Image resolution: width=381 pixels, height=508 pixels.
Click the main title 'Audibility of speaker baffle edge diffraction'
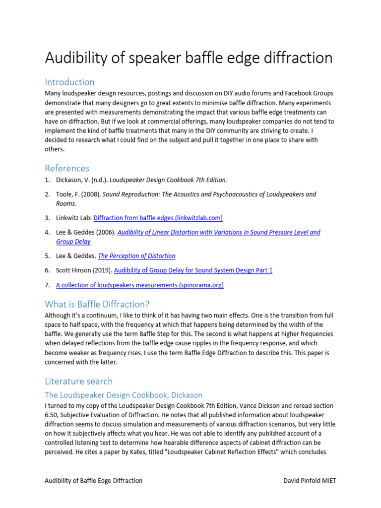coord(189,58)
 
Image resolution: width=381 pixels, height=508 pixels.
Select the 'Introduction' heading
coord(69,82)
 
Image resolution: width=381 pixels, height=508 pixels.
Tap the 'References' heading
coord(67,168)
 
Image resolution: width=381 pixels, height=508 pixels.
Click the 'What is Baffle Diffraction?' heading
coord(97,304)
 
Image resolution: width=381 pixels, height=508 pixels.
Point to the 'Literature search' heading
coord(78,381)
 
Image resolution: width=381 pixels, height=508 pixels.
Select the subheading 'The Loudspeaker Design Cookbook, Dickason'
coord(124,395)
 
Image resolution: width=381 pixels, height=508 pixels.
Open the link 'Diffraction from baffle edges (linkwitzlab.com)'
coord(158,218)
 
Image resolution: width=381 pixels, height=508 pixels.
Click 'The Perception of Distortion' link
coord(136,256)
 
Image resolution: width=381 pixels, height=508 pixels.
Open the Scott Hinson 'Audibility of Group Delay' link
coord(193,270)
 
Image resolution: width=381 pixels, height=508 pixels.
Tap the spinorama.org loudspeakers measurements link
coord(140,285)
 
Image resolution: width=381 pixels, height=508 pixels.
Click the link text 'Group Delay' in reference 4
coord(73,242)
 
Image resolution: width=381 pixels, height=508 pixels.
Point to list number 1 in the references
coord(47,180)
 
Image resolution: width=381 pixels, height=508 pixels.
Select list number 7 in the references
coord(47,285)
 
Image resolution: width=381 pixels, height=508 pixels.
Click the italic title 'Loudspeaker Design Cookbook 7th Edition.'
coord(168,180)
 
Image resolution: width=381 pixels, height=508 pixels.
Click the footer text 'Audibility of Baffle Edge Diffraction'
coord(94,480)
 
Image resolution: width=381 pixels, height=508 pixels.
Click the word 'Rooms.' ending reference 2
coord(66,203)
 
